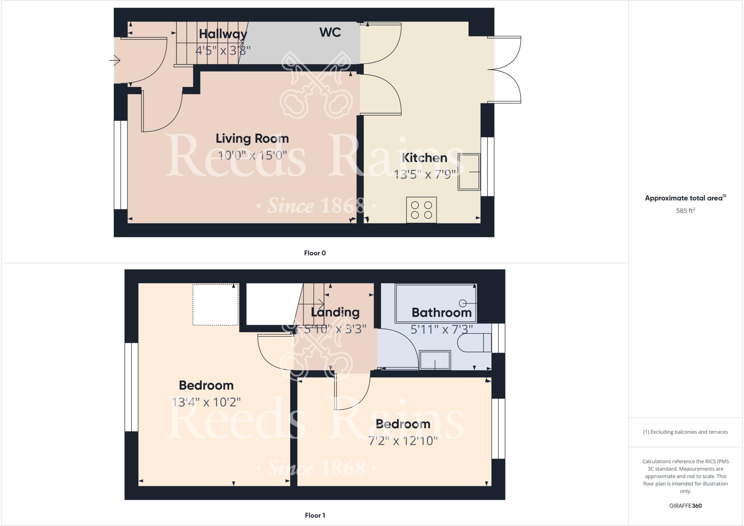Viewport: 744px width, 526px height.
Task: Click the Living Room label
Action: pyautogui.click(x=252, y=139)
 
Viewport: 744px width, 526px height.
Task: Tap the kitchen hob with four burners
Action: pyautogui.click(x=421, y=210)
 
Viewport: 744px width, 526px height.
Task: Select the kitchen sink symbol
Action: pyautogui.click(x=469, y=172)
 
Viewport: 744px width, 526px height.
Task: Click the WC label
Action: pyautogui.click(x=330, y=32)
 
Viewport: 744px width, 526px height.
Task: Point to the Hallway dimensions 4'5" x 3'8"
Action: pyautogui.click(x=223, y=50)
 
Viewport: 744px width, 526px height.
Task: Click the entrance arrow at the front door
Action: pyautogui.click(x=115, y=60)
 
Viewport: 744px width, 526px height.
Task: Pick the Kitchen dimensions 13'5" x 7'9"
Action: pyautogui.click(x=425, y=175)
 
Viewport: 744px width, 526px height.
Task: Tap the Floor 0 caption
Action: pyautogui.click(x=315, y=253)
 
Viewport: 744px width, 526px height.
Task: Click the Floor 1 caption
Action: pyautogui.click(x=315, y=515)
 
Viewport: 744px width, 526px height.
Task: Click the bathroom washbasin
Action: pyautogui.click(x=435, y=360)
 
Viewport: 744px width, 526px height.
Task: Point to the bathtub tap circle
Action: pyautogui.click(x=463, y=303)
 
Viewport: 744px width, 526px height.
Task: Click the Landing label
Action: pyautogui.click(x=335, y=312)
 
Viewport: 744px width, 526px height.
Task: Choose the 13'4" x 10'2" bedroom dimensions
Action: pyautogui.click(x=206, y=402)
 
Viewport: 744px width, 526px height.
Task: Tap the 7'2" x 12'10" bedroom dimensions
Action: pyautogui.click(x=403, y=441)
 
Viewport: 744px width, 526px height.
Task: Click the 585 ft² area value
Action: pyautogui.click(x=685, y=211)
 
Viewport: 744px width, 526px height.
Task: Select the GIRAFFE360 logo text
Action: pyautogui.click(x=685, y=506)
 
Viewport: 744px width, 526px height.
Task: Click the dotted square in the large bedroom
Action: pyautogui.click(x=215, y=304)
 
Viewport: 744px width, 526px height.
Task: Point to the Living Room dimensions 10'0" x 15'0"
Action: pyautogui.click(x=252, y=155)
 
